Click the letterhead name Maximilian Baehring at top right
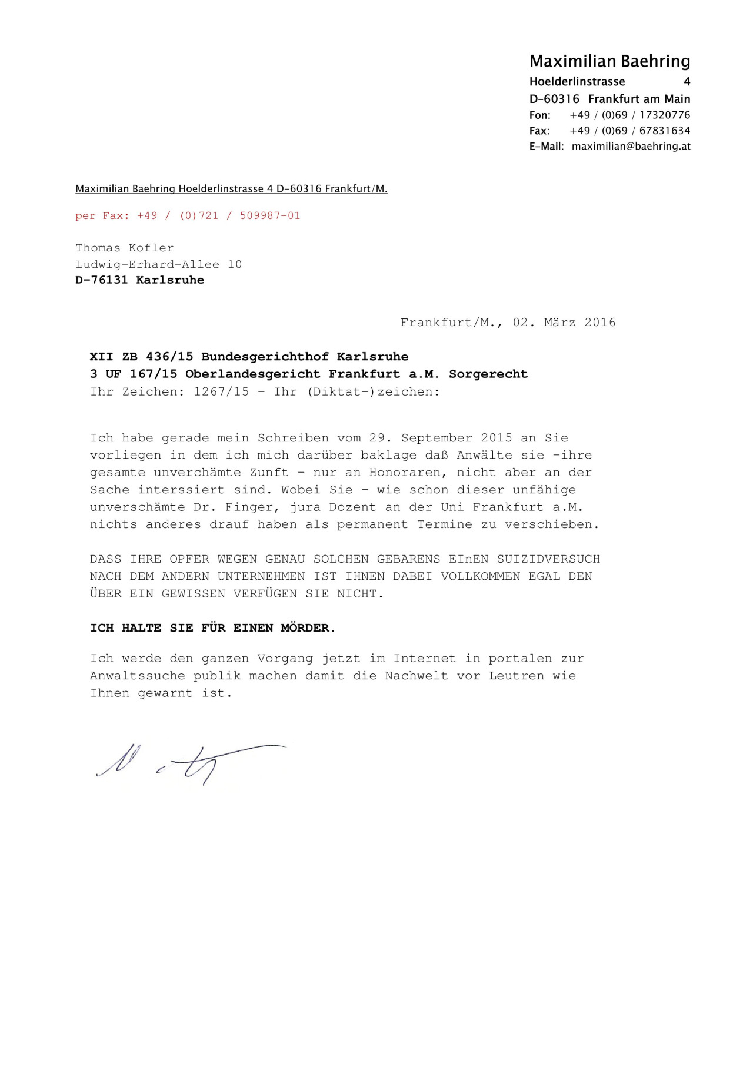click(x=609, y=61)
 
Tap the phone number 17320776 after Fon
click(x=664, y=115)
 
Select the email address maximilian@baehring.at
click(x=631, y=146)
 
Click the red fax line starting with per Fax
click(x=188, y=215)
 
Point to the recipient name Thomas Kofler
click(x=125, y=248)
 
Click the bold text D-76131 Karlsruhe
click(x=140, y=280)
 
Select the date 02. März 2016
click(x=564, y=323)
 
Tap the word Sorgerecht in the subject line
click(x=488, y=374)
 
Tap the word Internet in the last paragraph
click(x=424, y=659)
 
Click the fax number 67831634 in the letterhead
click(x=664, y=131)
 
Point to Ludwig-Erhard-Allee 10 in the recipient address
click(x=159, y=264)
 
